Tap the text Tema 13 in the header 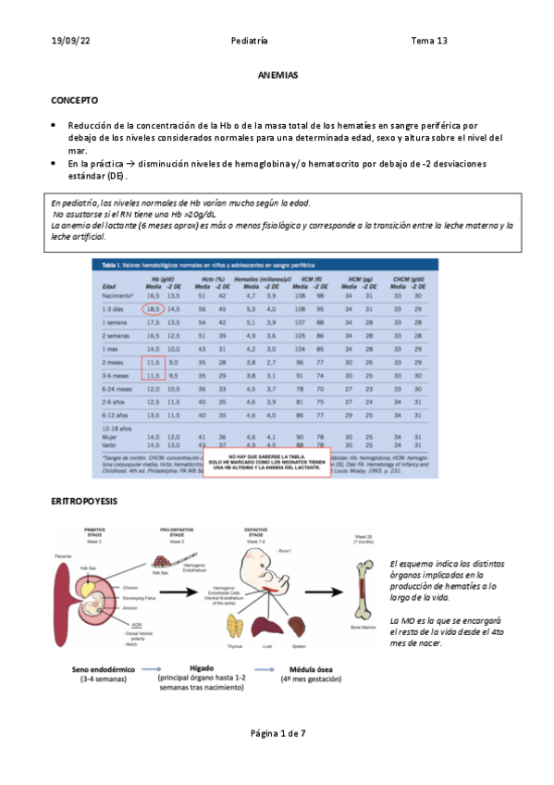coord(429,41)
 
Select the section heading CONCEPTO coord(75,99)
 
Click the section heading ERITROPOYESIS coord(83,501)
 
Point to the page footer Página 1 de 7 coord(277,733)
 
